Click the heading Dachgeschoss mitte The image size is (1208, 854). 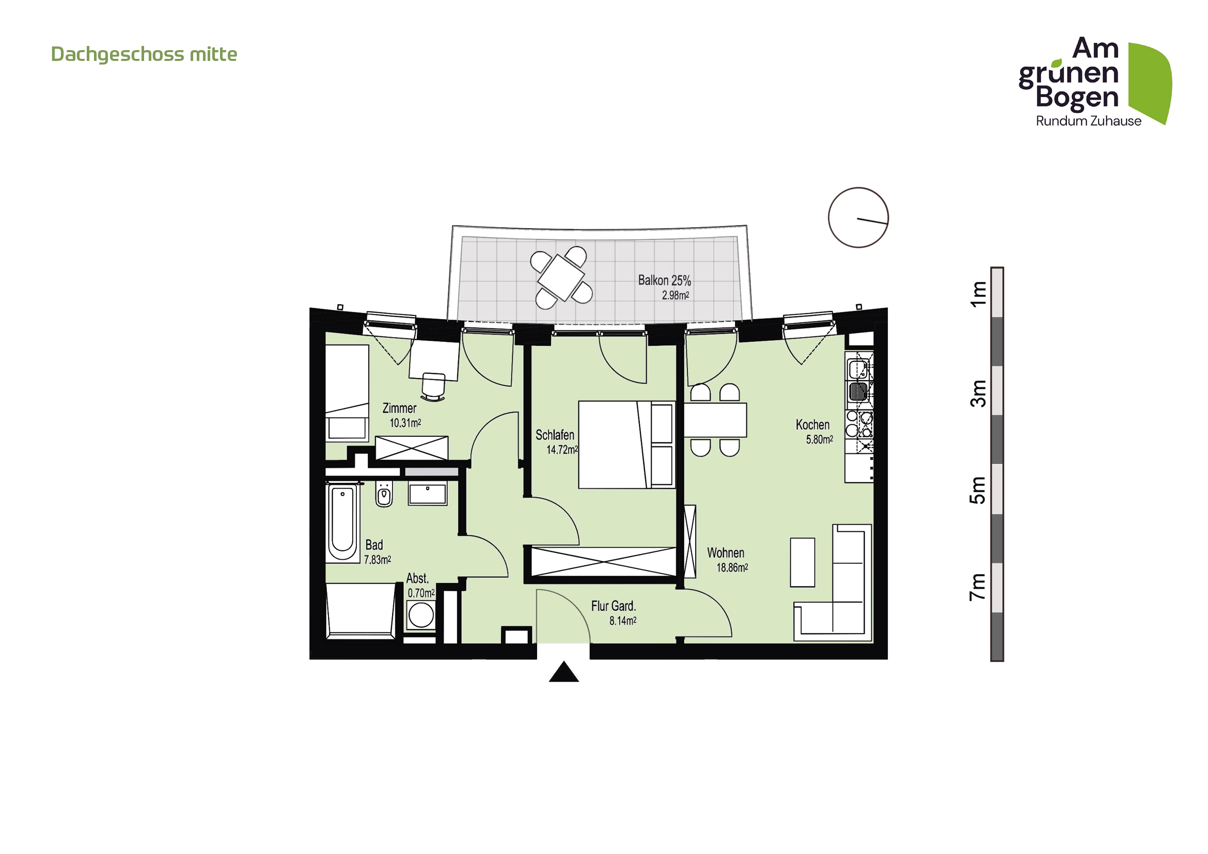point(144,54)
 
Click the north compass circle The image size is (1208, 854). point(858,217)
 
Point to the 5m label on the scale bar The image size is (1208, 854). point(978,490)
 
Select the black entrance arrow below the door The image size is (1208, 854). point(563,672)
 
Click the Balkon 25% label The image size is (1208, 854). point(665,280)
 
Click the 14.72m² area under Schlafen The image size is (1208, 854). point(562,450)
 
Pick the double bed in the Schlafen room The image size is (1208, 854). point(626,445)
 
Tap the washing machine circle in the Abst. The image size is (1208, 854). point(421,615)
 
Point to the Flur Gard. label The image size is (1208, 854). point(614,606)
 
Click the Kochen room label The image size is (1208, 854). point(812,424)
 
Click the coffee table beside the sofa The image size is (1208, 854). point(803,562)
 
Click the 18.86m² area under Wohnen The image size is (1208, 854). point(732,567)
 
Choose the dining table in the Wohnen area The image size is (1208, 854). point(715,420)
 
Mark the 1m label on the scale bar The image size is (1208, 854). point(978,294)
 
